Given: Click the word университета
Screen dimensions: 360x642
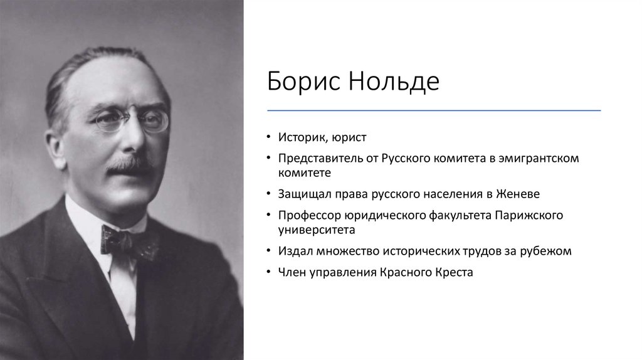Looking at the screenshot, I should [317, 230].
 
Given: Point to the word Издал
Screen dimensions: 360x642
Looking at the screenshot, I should [295, 251].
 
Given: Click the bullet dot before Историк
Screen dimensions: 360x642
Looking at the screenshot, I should [268, 137].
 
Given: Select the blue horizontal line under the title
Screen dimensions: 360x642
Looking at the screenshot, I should [434, 110].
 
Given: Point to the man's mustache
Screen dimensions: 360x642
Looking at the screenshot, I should [130, 164].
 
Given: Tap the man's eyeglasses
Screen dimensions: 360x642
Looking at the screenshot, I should [132, 119].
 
